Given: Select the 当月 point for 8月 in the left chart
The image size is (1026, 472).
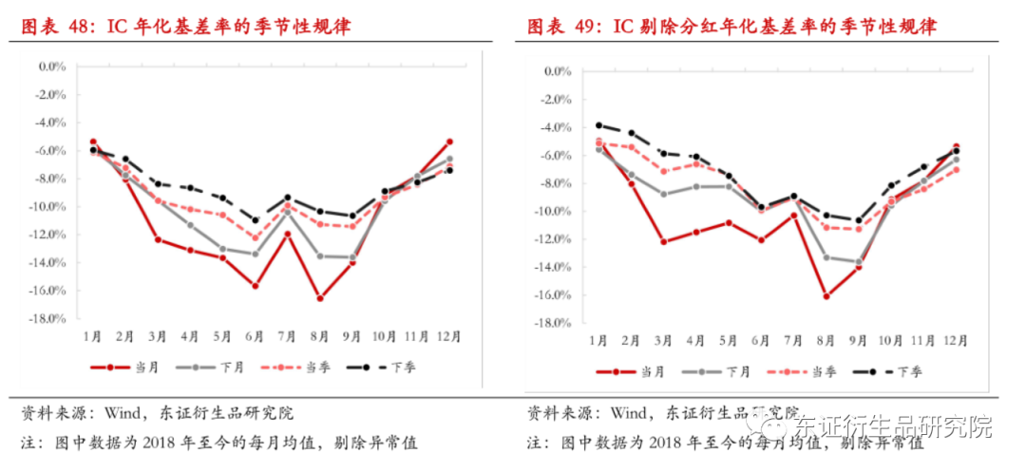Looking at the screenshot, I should (320, 298).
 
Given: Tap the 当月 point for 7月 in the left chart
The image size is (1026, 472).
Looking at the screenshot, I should (287, 234).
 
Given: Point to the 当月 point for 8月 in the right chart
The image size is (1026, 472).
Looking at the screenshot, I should (826, 296).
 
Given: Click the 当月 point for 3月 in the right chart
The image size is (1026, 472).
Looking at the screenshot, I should (664, 242).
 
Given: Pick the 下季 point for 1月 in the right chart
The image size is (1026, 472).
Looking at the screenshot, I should (598, 125).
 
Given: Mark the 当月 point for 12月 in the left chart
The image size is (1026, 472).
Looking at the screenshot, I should (449, 142).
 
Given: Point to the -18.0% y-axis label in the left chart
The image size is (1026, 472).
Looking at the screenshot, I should (48, 318).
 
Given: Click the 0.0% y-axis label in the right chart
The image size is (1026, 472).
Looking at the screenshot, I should (556, 71).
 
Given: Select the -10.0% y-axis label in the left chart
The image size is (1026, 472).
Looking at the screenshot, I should (48, 206).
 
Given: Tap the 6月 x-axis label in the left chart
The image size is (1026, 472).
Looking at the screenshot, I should (255, 336).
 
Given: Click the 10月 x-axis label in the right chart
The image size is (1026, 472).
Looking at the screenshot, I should (891, 341).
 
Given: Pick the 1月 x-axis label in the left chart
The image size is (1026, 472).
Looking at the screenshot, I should (93, 336).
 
